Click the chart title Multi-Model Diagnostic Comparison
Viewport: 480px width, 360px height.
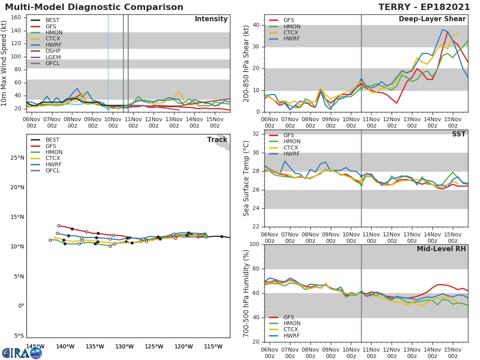click(94, 7)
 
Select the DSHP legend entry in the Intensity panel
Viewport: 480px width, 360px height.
click(53, 51)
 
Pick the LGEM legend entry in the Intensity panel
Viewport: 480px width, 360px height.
click(53, 57)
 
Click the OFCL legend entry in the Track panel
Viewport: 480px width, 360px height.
click(52, 170)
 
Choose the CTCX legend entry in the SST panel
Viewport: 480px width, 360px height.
click(292, 148)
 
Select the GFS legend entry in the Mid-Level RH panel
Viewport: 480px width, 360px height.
click(288, 317)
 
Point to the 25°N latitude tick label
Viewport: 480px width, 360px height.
click(17, 158)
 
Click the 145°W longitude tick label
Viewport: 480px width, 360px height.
click(35, 346)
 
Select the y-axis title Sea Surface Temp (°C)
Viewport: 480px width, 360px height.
click(247, 178)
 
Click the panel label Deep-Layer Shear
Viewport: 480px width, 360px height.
click(432, 19)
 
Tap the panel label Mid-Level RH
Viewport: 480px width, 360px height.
click(441, 249)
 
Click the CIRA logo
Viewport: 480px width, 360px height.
click(22, 353)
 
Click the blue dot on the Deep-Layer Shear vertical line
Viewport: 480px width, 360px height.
click(361, 80)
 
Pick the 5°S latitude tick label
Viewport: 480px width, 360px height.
click(18, 336)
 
